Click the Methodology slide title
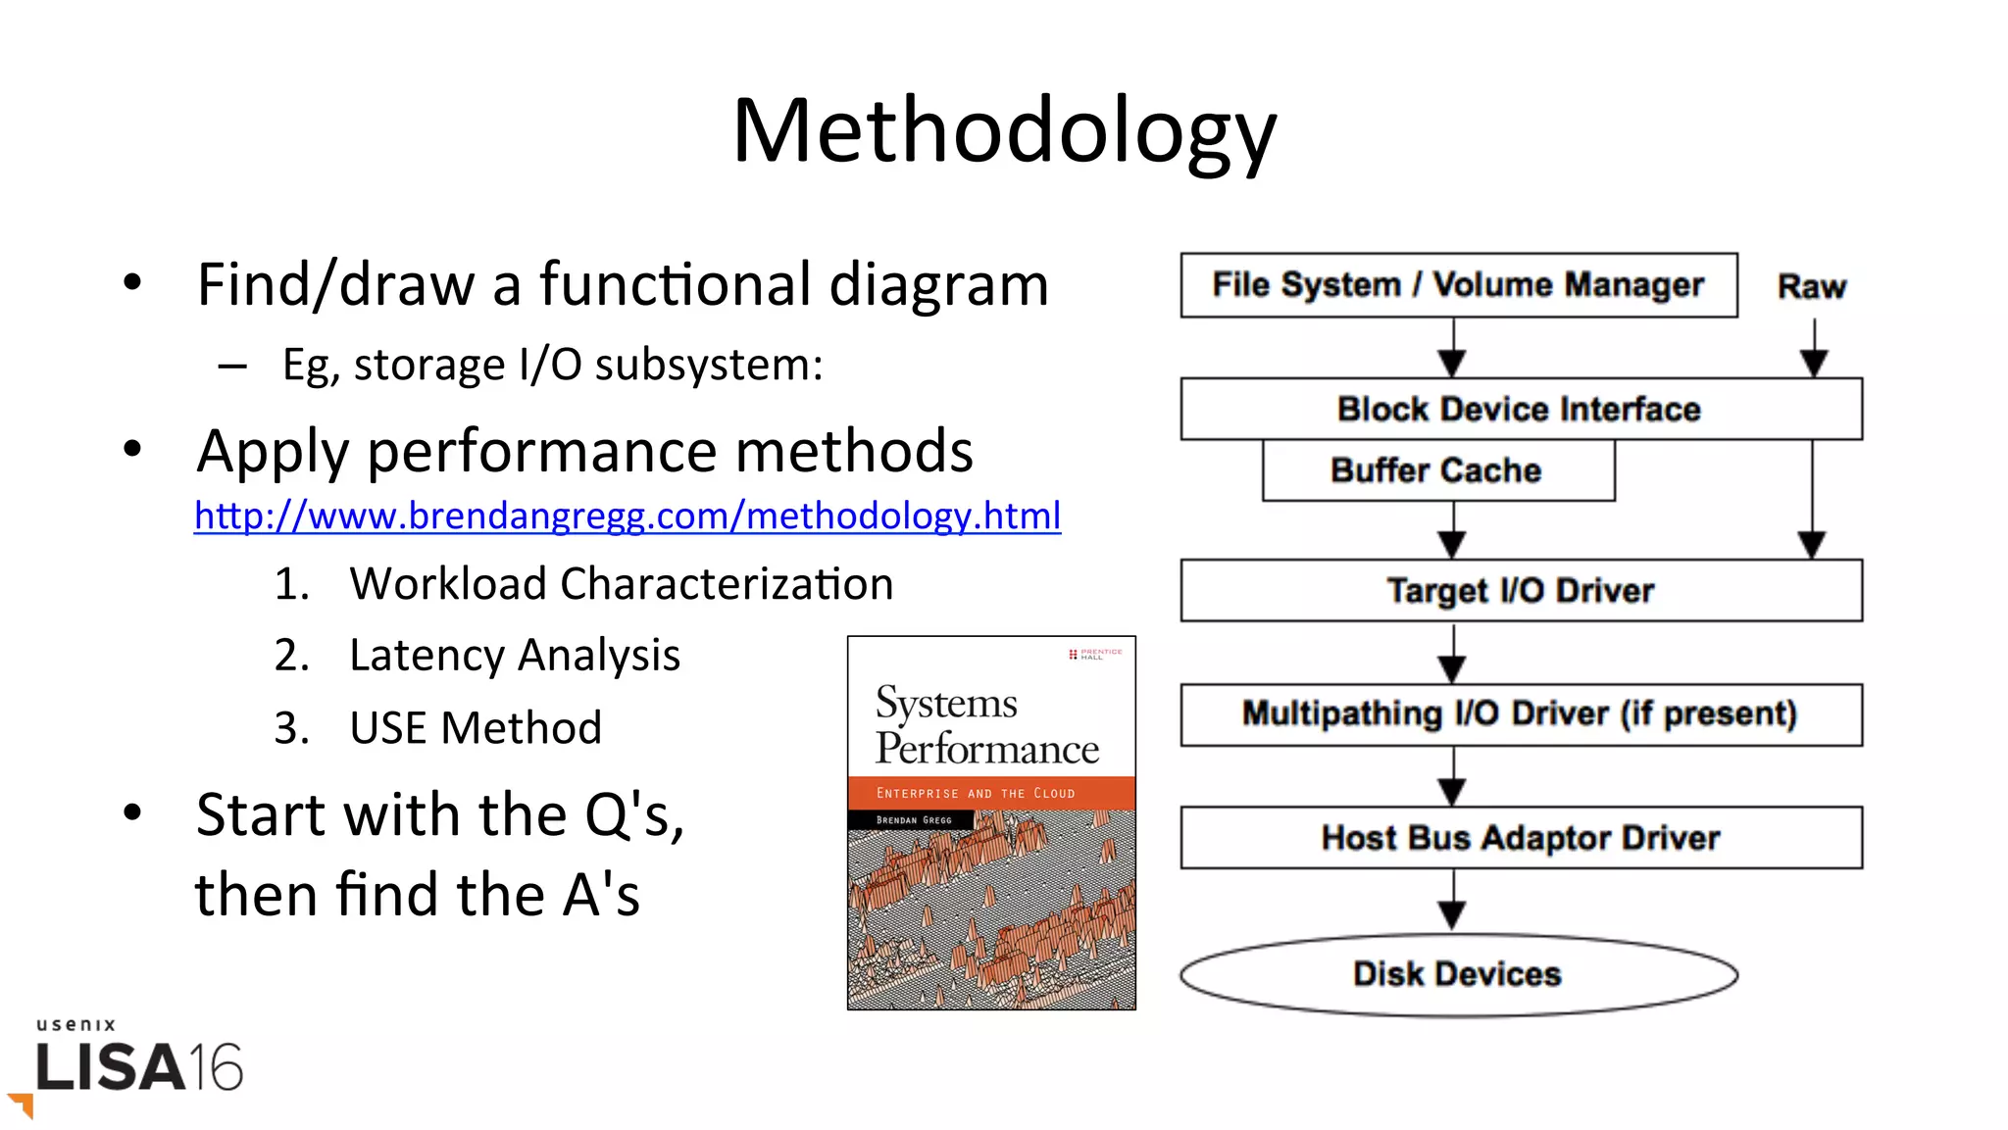coord(1004,132)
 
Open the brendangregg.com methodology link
coord(627,516)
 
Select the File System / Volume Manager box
coord(1458,285)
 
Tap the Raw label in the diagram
coord(1811,286)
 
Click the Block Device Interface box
coord(1520,409)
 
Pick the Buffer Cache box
coord(1436,470)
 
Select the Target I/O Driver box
coord(1520,590)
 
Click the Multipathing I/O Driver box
coord(1520,713)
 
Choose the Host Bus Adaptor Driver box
coord(1520,838)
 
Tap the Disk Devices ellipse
coord(1458,974)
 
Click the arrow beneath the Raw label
coord(1814,349)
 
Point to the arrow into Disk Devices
coord(1452,901)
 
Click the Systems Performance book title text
coord(986,726)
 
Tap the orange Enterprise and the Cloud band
coord(990,793)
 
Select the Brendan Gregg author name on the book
coord(914,820)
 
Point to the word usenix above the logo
coord(76,1024)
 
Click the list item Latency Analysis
coord(514,655)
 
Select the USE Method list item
coord(475,728)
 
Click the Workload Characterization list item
coord(621,584)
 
